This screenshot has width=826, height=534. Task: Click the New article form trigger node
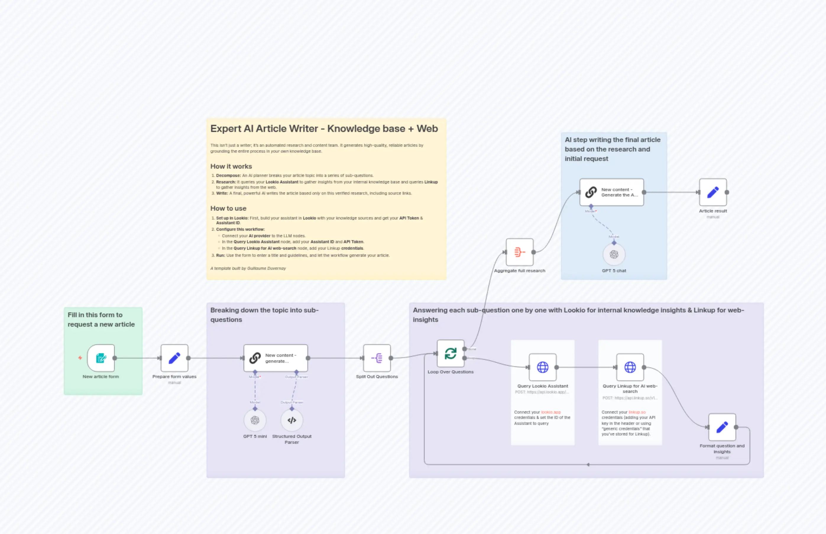(x=101, y=358)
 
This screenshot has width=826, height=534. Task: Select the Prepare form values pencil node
(x=174, y=358)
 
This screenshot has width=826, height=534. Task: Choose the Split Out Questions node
(x=377, y=358)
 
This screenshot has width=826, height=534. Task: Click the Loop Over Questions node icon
(x=451, y=353)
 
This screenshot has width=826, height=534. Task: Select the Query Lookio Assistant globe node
(x=542, y=367)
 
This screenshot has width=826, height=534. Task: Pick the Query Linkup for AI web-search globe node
(x=630, y=367)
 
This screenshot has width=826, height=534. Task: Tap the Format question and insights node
(x=722, y=427)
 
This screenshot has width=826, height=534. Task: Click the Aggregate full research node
(x=519, y=252)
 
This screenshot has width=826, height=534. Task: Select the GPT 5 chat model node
(x=614, y=254)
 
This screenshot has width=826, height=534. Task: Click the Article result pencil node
(x=713, y=192)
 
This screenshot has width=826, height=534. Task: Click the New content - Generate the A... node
(x=612, y=192)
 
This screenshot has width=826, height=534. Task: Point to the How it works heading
(x=231, y=167)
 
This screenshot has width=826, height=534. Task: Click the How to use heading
(x=228, y=208)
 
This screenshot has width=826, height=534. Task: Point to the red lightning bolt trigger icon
(x=80, y=358)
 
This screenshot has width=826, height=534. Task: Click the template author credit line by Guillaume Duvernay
(x=248, y=268)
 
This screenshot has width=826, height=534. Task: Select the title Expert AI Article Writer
(x=324, y=129)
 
